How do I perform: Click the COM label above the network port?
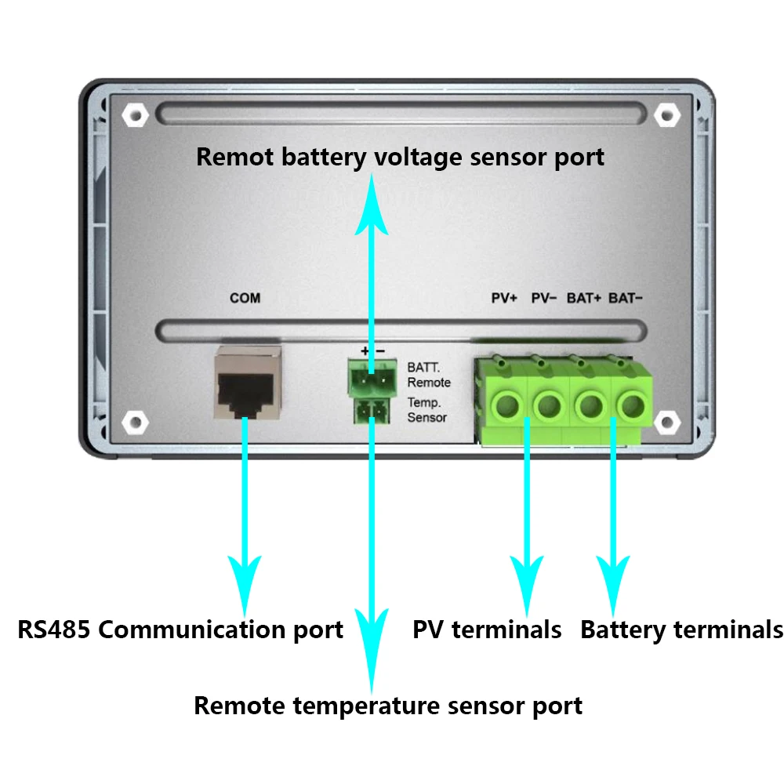coord(245,298)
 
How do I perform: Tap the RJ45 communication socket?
coord(248,383)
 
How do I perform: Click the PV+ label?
coord(504,298)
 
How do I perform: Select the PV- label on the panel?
coord(544,298)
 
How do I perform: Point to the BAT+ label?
coord(584,298)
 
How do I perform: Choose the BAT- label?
coord(626,298)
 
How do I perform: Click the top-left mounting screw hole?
coord(135,115)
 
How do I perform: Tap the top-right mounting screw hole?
coord(667,115)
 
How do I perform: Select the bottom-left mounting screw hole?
coord(135,423)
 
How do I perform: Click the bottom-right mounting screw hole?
coord(667,423)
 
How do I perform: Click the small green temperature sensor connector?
coord(372,412)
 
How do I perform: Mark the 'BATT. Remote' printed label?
coord(429,375)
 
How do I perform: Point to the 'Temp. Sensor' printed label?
coord(426,410)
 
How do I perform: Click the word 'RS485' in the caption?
coord(54,630)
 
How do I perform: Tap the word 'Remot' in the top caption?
coord(234,157)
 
